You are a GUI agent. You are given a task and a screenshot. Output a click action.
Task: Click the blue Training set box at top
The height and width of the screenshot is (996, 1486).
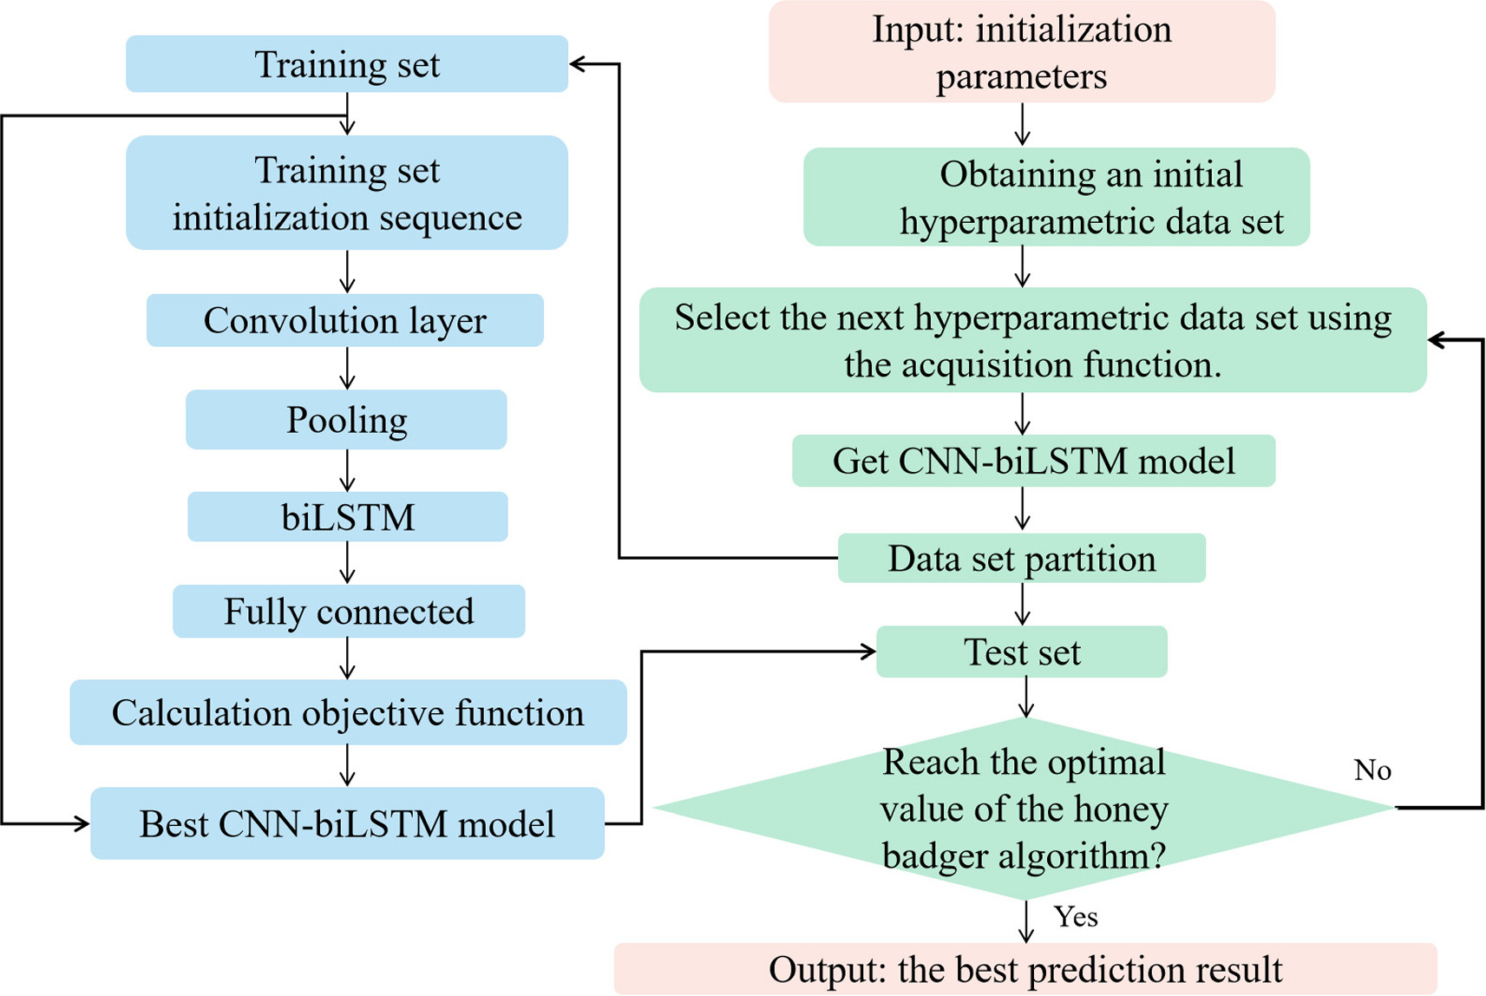coord(347,64)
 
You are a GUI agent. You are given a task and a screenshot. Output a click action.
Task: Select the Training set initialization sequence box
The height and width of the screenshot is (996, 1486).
coord(347,193)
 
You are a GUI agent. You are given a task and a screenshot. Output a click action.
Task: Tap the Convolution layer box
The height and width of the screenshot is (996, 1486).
coord(345,320)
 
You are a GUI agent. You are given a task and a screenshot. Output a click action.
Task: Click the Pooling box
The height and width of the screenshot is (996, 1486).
coord(346,420)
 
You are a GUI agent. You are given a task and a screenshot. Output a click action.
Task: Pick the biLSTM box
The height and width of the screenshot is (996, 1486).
coord(348,517)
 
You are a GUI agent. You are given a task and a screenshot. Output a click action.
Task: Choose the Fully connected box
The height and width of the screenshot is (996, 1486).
coord(349,612)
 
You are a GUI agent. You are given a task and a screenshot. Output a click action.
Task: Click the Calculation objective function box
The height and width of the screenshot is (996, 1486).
coord(348,712)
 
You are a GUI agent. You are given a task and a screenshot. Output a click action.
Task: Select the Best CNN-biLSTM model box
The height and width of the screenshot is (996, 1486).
coord(347,823)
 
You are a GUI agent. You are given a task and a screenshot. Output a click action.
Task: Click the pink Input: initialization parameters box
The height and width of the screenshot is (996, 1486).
coord(1022,52)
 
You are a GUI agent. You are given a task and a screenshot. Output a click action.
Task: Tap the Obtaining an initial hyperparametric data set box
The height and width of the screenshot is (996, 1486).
coord(1057,197)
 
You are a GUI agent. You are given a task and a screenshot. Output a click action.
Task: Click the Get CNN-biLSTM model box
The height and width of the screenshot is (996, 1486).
coord(1033,461)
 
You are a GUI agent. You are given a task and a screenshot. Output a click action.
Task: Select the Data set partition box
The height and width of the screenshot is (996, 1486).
coord(1021,559)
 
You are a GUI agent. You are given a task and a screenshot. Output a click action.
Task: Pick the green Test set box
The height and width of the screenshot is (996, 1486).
coord(1022,652)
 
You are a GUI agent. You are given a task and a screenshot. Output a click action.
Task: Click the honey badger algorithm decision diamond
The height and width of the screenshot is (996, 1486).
coord(1024,809)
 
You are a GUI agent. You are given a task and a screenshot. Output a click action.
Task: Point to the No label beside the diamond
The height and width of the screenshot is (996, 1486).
coord(1372,770)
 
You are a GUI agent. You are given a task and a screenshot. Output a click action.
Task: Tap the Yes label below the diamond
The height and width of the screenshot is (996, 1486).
coord(1076,917)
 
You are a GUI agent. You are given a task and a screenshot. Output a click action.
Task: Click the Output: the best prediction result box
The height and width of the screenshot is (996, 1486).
coord(1025,969)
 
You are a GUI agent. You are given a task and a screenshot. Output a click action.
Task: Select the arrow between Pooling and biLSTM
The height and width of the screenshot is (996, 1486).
coord(348,470)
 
